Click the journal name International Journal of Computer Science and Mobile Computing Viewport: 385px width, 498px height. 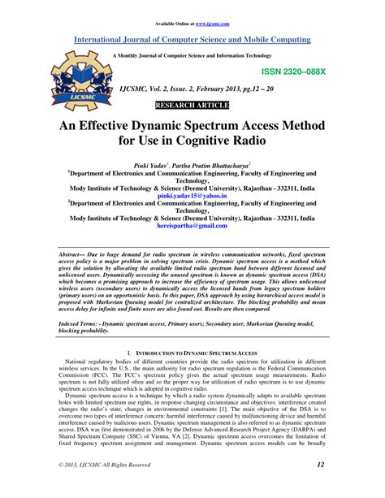pos(192,37)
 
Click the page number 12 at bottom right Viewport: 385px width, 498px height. pos(321,486)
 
